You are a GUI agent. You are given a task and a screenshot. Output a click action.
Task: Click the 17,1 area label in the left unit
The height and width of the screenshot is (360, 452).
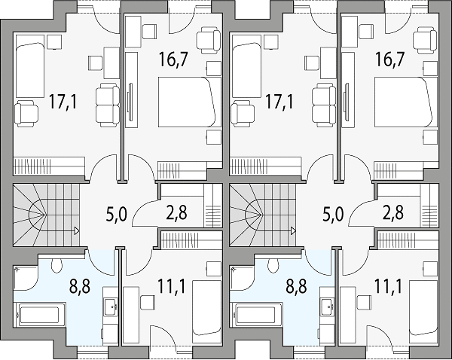(63, 102)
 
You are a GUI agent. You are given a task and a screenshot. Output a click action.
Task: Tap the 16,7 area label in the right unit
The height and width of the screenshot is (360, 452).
(389, 60)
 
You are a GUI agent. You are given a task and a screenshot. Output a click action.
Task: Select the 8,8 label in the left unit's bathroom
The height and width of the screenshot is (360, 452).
(80, 287)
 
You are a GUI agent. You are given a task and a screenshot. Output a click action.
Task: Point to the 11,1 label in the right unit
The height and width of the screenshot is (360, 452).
(387, 286)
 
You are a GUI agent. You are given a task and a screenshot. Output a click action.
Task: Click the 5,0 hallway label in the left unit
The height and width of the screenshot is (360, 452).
(117, 215)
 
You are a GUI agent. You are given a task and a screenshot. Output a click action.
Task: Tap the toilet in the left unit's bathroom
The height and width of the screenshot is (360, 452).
(56, 265)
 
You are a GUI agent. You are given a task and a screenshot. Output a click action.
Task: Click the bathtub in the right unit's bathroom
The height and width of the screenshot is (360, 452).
(255, 315)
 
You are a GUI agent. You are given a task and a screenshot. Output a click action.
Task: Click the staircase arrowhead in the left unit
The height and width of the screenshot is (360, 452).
(77, 230)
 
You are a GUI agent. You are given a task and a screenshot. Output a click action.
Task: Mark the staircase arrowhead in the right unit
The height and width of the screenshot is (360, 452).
(293, 230)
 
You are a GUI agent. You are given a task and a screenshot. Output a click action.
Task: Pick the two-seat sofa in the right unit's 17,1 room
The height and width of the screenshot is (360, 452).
(324, 105)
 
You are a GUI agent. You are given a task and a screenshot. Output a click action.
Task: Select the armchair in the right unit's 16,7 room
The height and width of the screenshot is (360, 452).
(425, 40)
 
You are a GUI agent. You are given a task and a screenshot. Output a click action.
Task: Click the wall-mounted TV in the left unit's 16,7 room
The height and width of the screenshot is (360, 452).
(130, 102)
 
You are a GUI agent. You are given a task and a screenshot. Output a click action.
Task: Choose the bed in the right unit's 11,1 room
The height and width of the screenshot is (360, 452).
(423, 307)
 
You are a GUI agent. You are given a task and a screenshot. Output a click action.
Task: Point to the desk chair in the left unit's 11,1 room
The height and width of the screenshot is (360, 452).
(148, 303)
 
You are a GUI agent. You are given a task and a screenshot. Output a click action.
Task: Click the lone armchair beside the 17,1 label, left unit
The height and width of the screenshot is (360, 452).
(26, 114)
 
